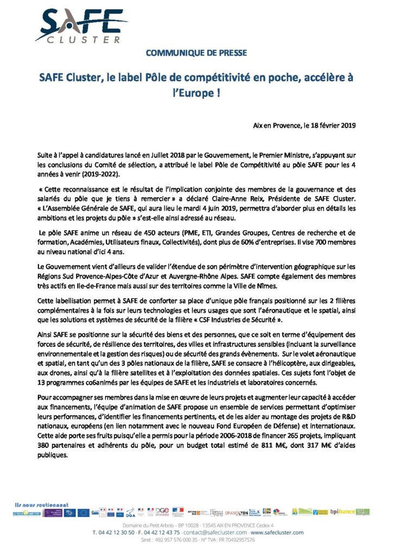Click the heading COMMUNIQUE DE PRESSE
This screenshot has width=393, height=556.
(x=196, y=53)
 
